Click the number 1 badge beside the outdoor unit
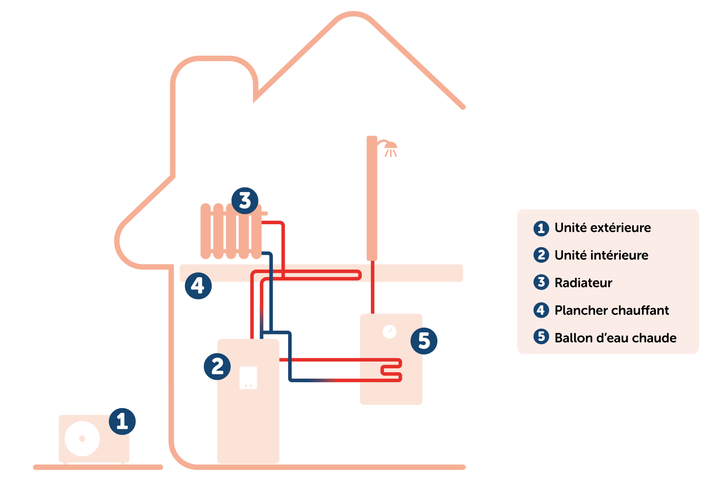click(122, 421)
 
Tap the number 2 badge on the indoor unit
click(217, 366)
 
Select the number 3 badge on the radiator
click(245, 201)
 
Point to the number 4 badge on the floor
click(198, 286)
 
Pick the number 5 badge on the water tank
click(424, 341)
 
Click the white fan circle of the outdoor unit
click(82, 439)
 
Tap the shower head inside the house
click(391, 148)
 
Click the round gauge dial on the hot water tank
click(389, 332)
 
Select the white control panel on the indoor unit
click(248, 377)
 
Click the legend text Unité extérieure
click(603, 228)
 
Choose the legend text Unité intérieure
click(601, 255)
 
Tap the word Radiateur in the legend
click(583, 283)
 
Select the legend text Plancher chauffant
click(611, 310)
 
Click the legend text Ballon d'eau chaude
click(615, 338)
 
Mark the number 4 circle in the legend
click(541, 310)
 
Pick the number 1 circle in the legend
click(541, 228)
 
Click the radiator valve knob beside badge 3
click(265, 213)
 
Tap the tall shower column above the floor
click(372, 198)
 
